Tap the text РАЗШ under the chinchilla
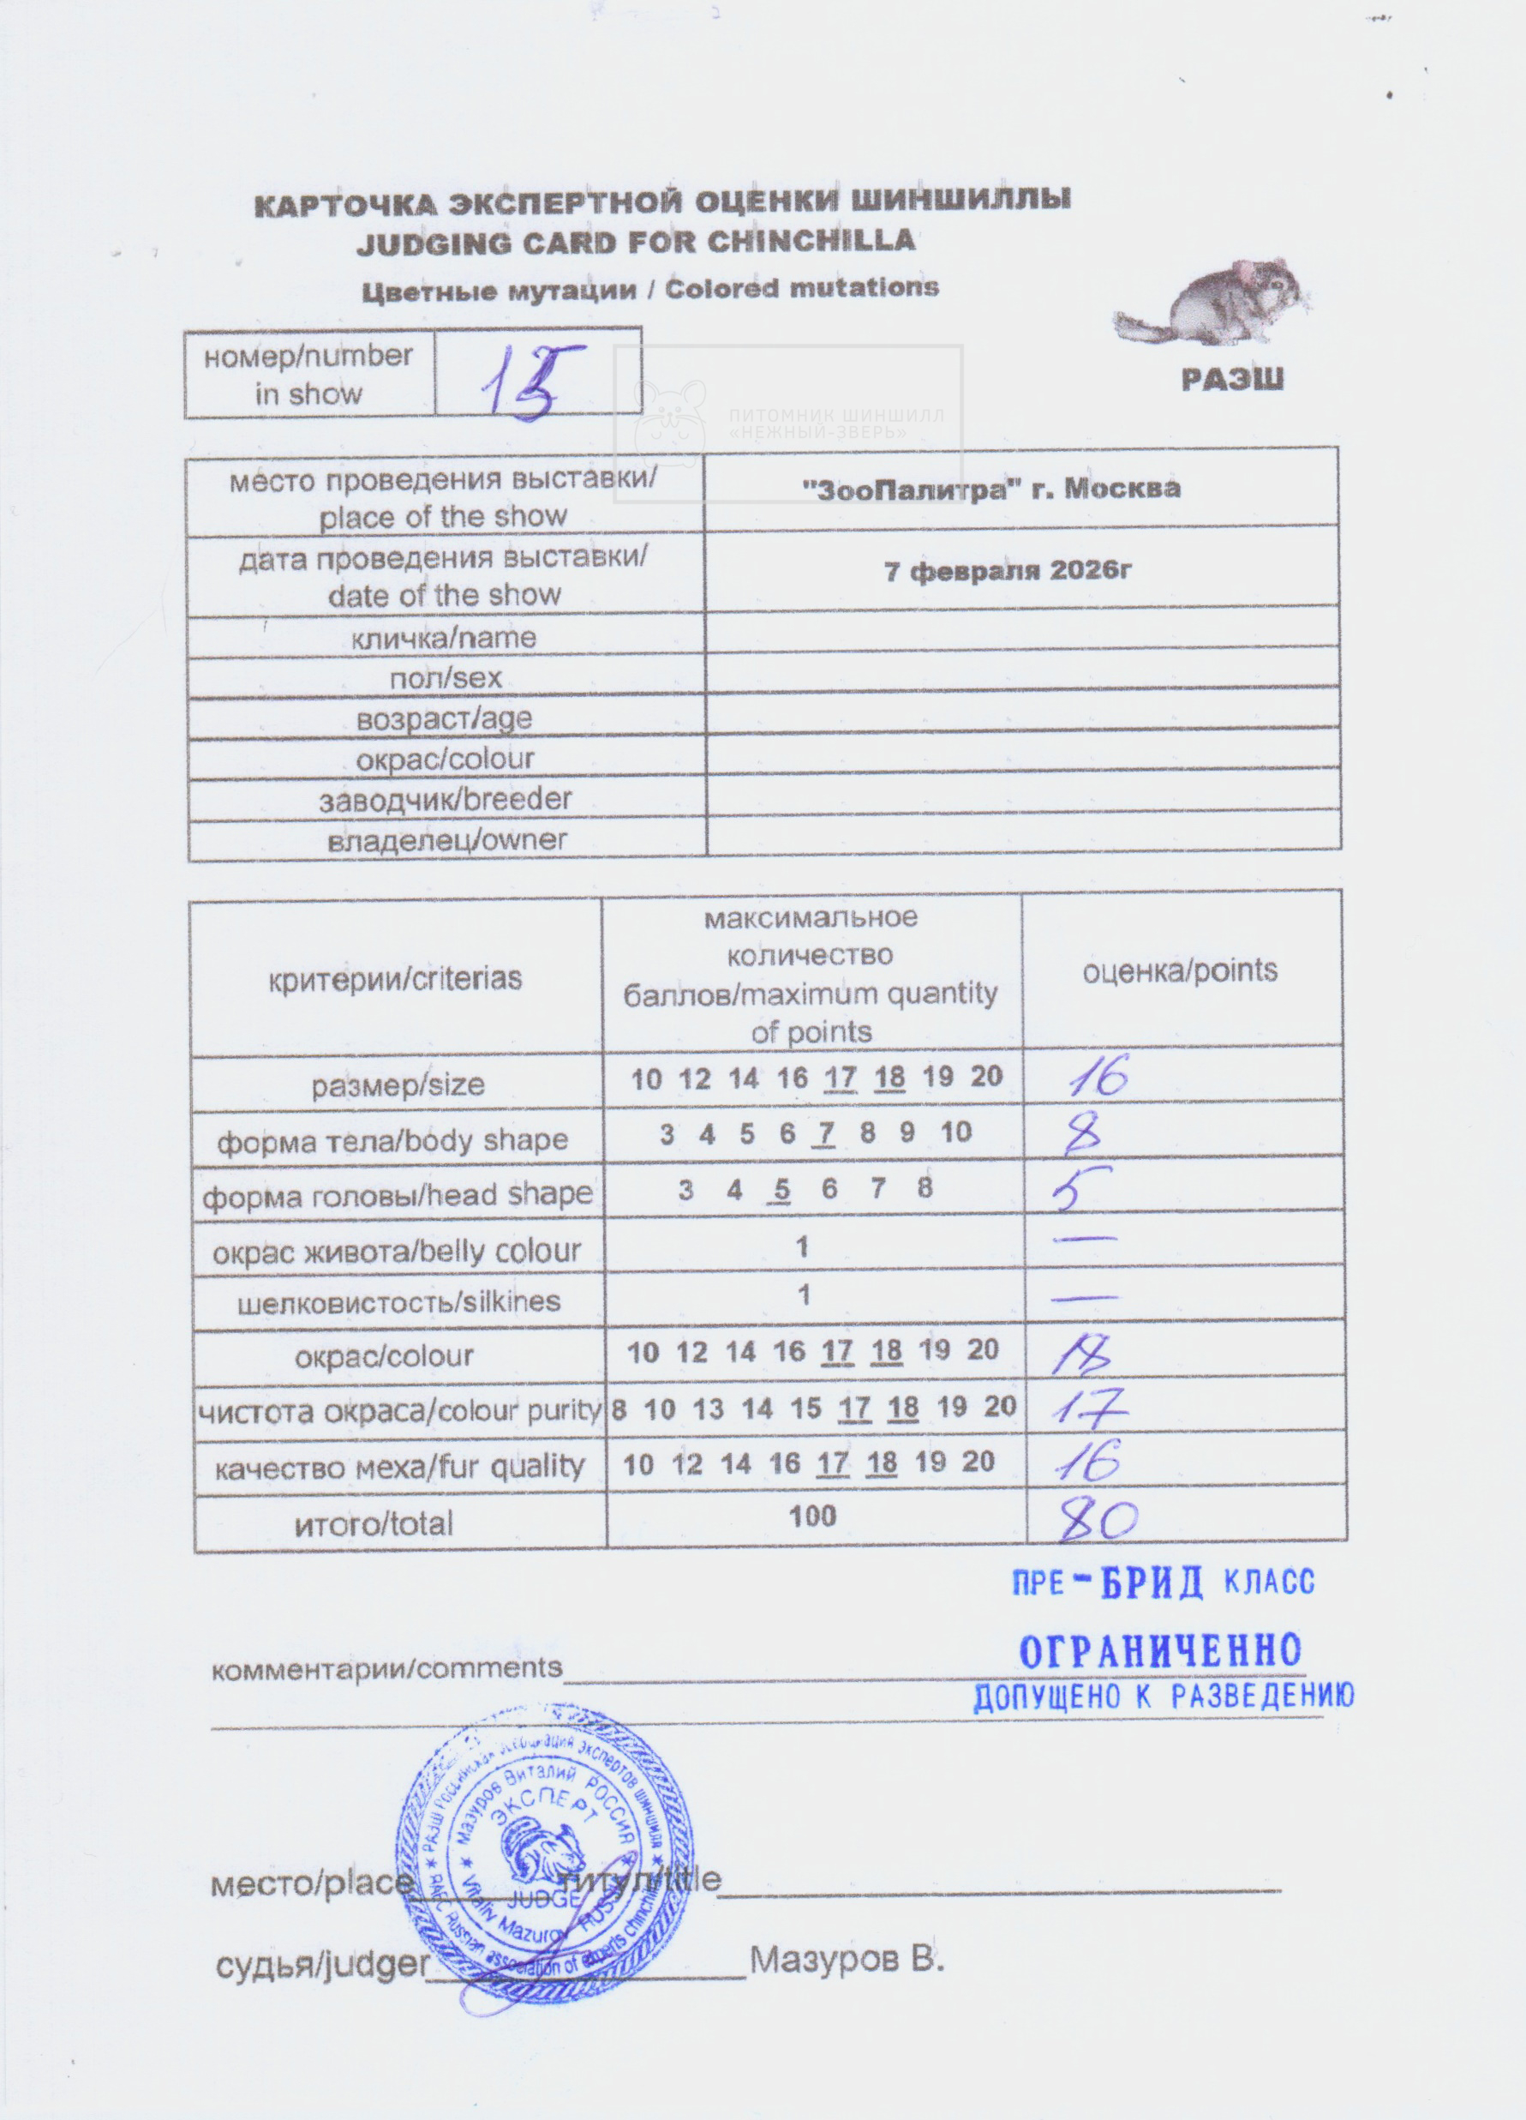1231,380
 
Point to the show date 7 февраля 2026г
1008,570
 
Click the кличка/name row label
444,639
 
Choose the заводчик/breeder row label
446,800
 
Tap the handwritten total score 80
1098,1522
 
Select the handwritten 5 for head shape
1080,1190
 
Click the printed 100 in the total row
812,1516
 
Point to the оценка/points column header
1179,971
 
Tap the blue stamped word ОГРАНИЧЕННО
1159,1653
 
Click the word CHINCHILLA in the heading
811,241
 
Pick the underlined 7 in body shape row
823,1134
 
